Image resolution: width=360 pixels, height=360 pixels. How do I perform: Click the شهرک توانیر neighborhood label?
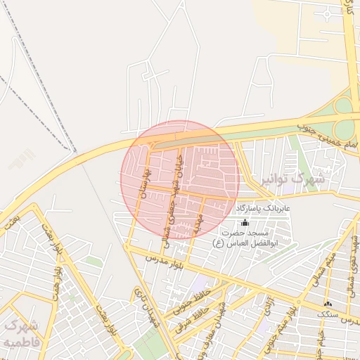click(x=291, y=180)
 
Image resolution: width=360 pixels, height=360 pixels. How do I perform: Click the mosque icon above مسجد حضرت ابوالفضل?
click(x=245, y=222)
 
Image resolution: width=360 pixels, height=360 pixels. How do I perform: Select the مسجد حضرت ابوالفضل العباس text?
click(x=245, y=237)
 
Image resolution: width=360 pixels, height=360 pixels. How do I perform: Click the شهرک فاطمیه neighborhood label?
click(x=20, y=334)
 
